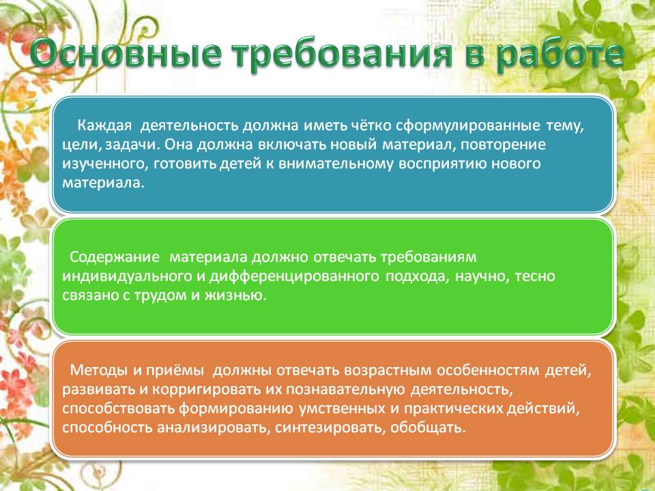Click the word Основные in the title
coord(126,54)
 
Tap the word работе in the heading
coord(560,54)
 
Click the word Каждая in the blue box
coord(104,125)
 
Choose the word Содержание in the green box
coord(115,256)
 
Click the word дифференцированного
coord(294,276)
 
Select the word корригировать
coord(206,390)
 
